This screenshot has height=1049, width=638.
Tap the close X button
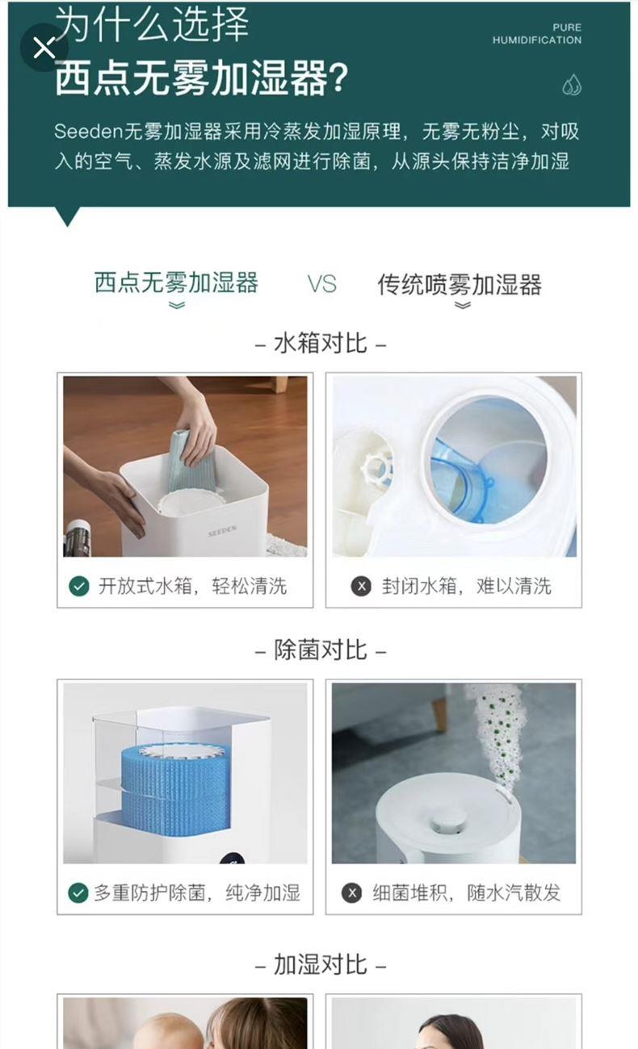(x=44, y=48)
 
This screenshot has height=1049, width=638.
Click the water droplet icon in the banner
(x=572, y=85)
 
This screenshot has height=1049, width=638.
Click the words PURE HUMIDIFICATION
(x=537, y=34)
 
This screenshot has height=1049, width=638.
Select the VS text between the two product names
(x=322, y=284)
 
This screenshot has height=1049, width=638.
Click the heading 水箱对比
(x=321, y=343)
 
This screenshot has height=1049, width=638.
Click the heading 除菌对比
(x=321, y=650)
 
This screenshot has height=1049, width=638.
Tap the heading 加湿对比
(x=321, y=964)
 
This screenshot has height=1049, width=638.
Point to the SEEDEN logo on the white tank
(x=222, y=531)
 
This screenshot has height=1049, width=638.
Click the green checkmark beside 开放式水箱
(x=79, y=586)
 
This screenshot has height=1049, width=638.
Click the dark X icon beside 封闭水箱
(x=361, y=586)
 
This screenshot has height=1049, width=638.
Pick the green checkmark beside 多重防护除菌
(x=78, y=892)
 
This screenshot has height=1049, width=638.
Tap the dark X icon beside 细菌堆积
(x=351, y=892)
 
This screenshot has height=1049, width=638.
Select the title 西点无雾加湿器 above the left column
(x=176, y=283)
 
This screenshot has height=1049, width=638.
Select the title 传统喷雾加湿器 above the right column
(x=460, y=284)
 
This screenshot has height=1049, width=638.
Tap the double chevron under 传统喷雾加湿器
(x=463, y=306)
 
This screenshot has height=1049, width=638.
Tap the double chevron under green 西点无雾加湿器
(x=177, y=306)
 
